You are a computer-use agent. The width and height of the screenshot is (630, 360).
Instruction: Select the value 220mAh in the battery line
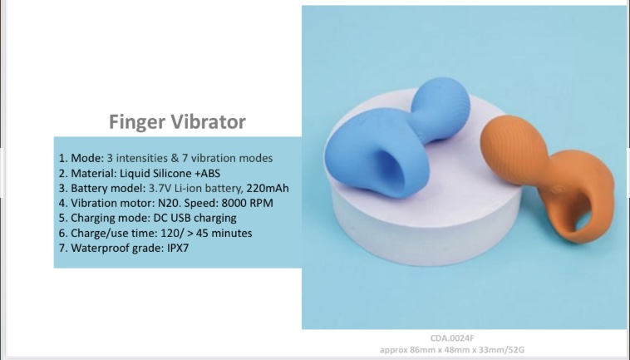point(268,188)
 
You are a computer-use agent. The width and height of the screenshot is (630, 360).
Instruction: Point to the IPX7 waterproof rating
point(178,248)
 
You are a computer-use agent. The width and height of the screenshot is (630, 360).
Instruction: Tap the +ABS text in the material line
point(207,173)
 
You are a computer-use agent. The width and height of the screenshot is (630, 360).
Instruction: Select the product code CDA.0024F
point(452,338)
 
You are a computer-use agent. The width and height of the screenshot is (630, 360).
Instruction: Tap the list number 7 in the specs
point(62,248)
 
